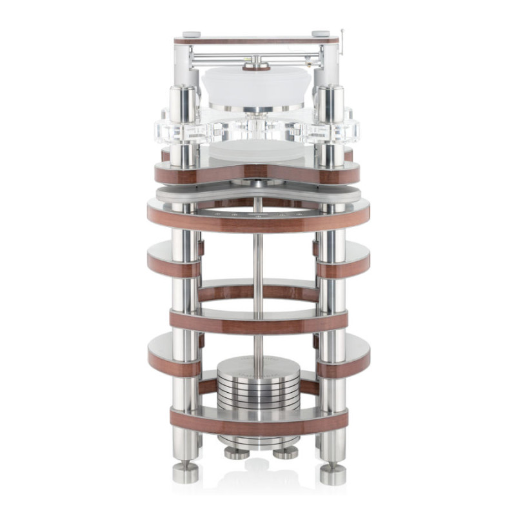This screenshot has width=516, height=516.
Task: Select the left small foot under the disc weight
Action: [234, 452]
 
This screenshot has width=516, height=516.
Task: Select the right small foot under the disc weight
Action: [284, 452]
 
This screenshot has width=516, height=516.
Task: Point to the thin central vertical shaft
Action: [258, 271]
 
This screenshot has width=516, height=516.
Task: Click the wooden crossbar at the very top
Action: [258, 40]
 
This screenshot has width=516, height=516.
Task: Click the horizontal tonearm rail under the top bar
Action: [258, 54]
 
